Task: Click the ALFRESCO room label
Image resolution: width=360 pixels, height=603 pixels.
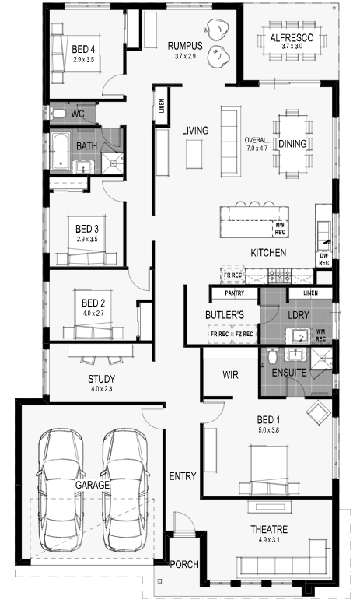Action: pos(292,37)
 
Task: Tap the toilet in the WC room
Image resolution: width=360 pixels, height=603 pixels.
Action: pos(58,114)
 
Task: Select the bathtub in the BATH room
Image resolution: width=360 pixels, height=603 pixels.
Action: pos(61,151)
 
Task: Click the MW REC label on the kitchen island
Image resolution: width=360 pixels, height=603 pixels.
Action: pos(280,229)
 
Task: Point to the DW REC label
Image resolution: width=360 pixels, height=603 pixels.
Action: pos(323,260)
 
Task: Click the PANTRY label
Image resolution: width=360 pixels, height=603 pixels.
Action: pos(234,293)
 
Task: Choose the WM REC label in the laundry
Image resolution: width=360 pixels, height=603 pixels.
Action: pos(321,335)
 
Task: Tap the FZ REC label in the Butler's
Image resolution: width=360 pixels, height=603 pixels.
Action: pos(244,335)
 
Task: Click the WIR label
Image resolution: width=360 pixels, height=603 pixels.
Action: pos(230,375)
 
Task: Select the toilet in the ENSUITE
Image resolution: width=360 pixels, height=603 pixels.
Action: pos(272,357)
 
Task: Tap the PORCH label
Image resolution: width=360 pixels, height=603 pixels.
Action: pos(184,565)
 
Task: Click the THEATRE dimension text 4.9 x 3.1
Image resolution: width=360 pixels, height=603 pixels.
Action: pos(269,540)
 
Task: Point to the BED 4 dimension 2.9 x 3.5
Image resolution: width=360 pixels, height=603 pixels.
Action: pos(83,60)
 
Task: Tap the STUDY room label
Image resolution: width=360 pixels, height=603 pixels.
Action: pos(101,379)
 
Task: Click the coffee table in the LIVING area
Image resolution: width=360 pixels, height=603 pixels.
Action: pos(194,154)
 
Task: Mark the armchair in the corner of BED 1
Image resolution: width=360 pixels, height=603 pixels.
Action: pos(318,412)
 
